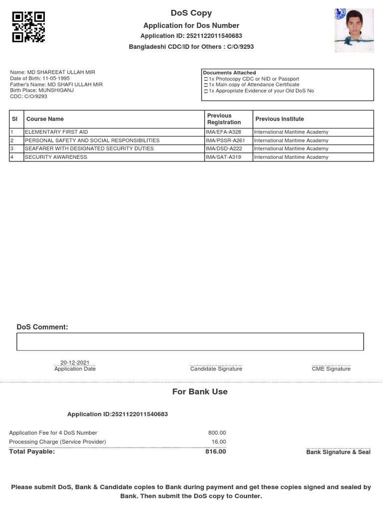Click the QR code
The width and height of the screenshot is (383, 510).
28,26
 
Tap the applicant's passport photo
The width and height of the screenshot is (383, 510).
354,30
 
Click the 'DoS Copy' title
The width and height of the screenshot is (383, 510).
191,13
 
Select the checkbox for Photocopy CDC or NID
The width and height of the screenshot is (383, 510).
206,79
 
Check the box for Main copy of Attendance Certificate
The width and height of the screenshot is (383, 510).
206,85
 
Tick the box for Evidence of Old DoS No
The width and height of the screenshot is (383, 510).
206,91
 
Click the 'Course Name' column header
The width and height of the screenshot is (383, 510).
45,119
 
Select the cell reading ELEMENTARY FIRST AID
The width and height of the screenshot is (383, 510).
56,132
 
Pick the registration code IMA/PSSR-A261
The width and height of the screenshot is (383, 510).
225,140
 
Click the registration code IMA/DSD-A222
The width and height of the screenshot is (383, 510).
224,149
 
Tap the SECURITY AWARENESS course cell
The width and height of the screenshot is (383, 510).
56,157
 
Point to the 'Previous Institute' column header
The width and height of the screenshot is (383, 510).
279,119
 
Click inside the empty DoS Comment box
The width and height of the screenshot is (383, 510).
190,342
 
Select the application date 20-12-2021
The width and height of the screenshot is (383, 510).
75,363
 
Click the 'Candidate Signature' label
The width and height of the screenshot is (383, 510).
216,369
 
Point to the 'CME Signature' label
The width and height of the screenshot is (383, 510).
331,369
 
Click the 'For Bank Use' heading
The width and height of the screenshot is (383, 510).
199,392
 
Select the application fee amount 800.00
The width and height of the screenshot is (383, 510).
217,433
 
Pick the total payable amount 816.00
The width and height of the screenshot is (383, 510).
215,452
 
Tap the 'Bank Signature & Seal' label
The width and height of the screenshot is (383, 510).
338,452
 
